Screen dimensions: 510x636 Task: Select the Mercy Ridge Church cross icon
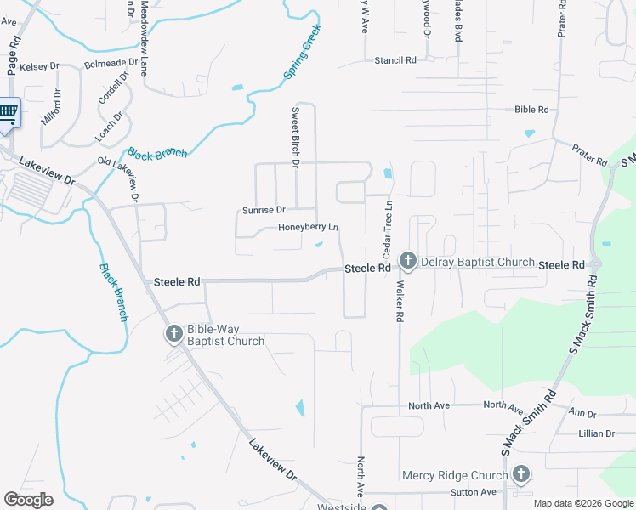point(520,473)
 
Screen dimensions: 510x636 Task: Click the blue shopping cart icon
point(7,113)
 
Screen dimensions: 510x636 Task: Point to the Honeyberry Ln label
point(308,228)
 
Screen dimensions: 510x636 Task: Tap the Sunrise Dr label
point(264,209)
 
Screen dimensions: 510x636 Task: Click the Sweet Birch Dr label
point(296,136)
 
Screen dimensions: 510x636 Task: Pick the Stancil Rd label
point(395,60)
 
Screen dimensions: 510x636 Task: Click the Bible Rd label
point(531,110)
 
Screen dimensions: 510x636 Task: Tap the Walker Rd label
point(398,303)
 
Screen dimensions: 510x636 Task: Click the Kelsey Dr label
point(39,66)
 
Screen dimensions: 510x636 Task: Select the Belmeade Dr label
point(109,63)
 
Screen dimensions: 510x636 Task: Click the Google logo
point(28,500)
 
